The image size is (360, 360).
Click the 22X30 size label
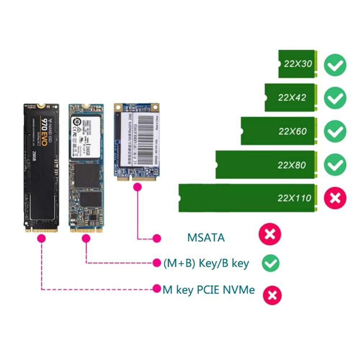[297, 64]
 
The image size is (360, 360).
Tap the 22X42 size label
[292, 97]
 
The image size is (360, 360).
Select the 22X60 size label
[292, 131]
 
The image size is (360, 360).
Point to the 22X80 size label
[292, 165]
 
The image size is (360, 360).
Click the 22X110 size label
[294, 198]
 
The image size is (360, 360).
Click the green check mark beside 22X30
[335, 65]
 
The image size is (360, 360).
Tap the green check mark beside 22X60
[335, 132]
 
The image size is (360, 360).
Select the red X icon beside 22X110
[335, 198]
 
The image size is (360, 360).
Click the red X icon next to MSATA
[270, 235]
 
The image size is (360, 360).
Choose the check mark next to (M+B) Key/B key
[270, 263]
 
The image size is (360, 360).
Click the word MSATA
[206, 238]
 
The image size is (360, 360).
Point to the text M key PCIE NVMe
[209, 289]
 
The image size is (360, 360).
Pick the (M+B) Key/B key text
[206, 263]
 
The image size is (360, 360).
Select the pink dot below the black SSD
[42, 238]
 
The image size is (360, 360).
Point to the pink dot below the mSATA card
[137, 187]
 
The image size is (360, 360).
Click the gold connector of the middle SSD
[86, 229]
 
